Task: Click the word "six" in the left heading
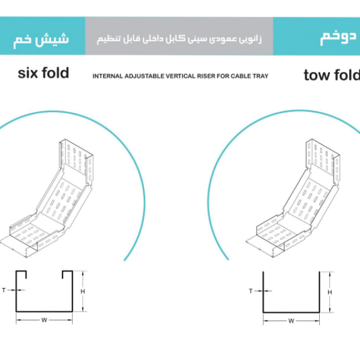28,73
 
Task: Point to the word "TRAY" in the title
260,76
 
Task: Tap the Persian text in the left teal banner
41,40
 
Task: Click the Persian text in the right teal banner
338,37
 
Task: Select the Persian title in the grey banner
179,39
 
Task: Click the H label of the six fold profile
83,292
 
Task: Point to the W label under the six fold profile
44,320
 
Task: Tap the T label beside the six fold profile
4,290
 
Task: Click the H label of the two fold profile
329,292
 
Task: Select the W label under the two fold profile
291,321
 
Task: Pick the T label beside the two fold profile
251,291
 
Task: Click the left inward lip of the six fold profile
25,275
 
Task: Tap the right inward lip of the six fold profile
63,275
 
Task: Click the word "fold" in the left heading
55,73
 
